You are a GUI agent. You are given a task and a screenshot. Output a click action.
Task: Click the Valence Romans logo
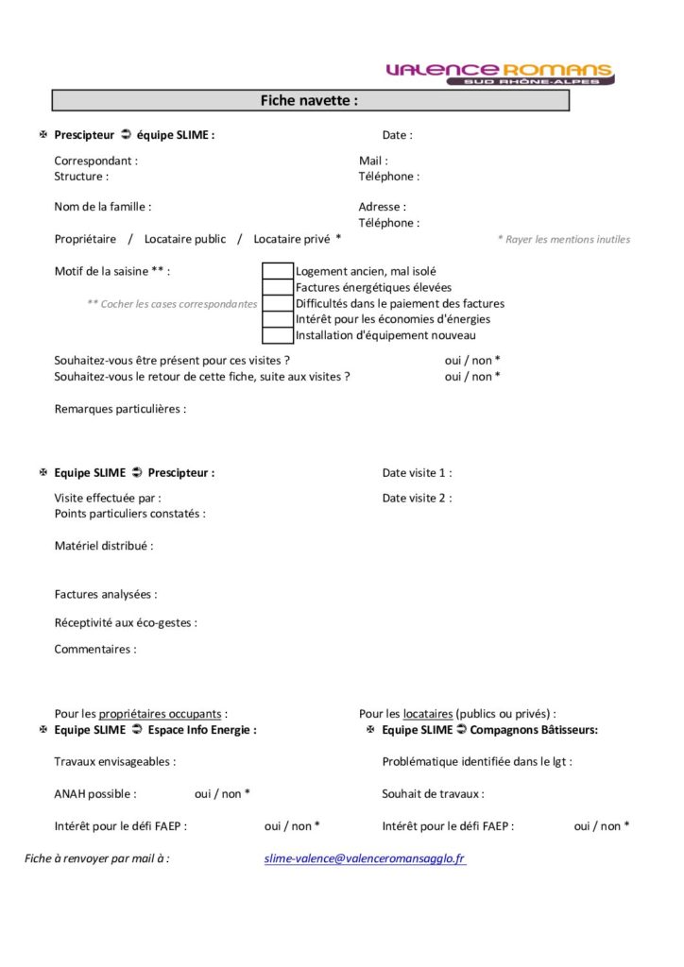click(x=500, y=73)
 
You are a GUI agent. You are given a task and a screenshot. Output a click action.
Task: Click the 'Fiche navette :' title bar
click(x=310, y=100)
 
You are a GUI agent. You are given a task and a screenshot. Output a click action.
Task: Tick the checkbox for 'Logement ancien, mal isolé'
click(x=277, y=271)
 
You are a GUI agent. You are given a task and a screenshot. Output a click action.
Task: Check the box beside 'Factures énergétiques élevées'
click(x=277, y=287)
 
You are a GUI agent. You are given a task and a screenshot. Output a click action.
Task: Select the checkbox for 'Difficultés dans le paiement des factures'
click(x=277, y=303)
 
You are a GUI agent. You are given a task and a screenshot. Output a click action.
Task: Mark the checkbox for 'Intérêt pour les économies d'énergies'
click(x=277, y=319)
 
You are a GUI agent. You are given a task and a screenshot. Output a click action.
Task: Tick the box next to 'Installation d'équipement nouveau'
click(x=277, y=335)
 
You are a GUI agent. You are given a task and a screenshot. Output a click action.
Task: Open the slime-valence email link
click(x=365, y=858)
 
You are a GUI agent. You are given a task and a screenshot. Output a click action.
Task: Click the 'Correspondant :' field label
click(x=95, y=161)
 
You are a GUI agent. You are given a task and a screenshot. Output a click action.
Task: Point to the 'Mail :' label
click(x=373, y=161)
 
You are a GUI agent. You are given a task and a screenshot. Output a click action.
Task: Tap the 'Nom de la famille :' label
click(x=102, y=207)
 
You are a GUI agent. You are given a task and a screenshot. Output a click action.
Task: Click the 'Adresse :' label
click(x=382, y=207)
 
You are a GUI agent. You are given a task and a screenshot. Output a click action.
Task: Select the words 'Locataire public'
click(x=185, y=239)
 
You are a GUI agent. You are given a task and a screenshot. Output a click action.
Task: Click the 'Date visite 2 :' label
click(x=417, y=498)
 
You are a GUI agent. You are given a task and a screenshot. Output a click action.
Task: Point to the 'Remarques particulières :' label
click(x=120, y=409)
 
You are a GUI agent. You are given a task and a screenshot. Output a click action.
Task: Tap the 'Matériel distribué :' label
click(x=103, y=545)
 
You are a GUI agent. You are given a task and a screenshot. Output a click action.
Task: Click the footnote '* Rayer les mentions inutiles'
click(x=563, y=240)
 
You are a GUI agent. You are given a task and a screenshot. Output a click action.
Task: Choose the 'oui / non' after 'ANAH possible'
click(x=222, y=794)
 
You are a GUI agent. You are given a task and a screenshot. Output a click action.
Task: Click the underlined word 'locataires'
click(x=427, y=714)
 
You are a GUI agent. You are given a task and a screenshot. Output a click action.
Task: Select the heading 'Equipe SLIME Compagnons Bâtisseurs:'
click(x=489, y=730)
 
